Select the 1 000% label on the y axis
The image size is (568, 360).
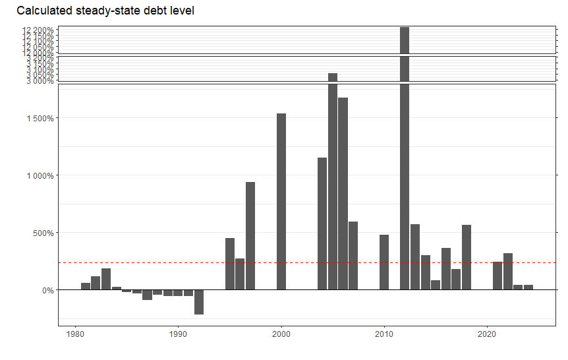[x=38, y=175]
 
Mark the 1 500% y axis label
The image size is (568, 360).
[x=38, y=119]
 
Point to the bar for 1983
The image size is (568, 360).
[x=106, y=279]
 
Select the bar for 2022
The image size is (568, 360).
[x=508, y=271]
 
